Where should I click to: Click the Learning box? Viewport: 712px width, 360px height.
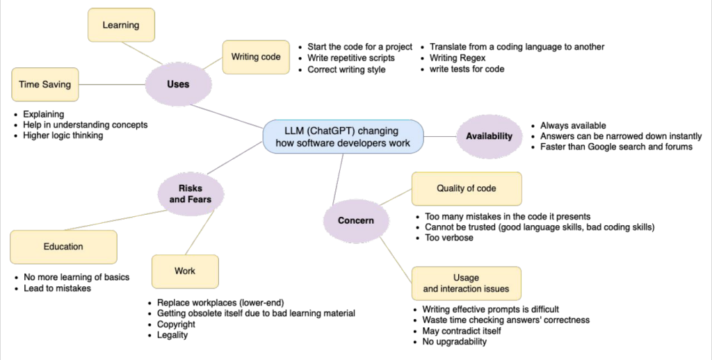pos(121,25)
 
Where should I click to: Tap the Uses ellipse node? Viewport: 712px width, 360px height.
pos(178,85)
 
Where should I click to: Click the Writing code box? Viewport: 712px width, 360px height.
pos(256,57)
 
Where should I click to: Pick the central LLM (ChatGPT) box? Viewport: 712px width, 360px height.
pos(343,136)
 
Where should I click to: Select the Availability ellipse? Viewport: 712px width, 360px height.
pos(489,136)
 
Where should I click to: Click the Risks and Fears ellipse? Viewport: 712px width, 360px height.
pos(190,193)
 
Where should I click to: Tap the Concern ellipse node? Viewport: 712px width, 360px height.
pos(355,220)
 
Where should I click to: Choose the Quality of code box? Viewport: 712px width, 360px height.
pos(466,189)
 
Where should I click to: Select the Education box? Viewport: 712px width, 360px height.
pos(63,247)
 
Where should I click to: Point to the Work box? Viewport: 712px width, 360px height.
pos(184,271)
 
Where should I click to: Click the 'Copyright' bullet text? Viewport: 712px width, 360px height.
pos(176,325)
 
